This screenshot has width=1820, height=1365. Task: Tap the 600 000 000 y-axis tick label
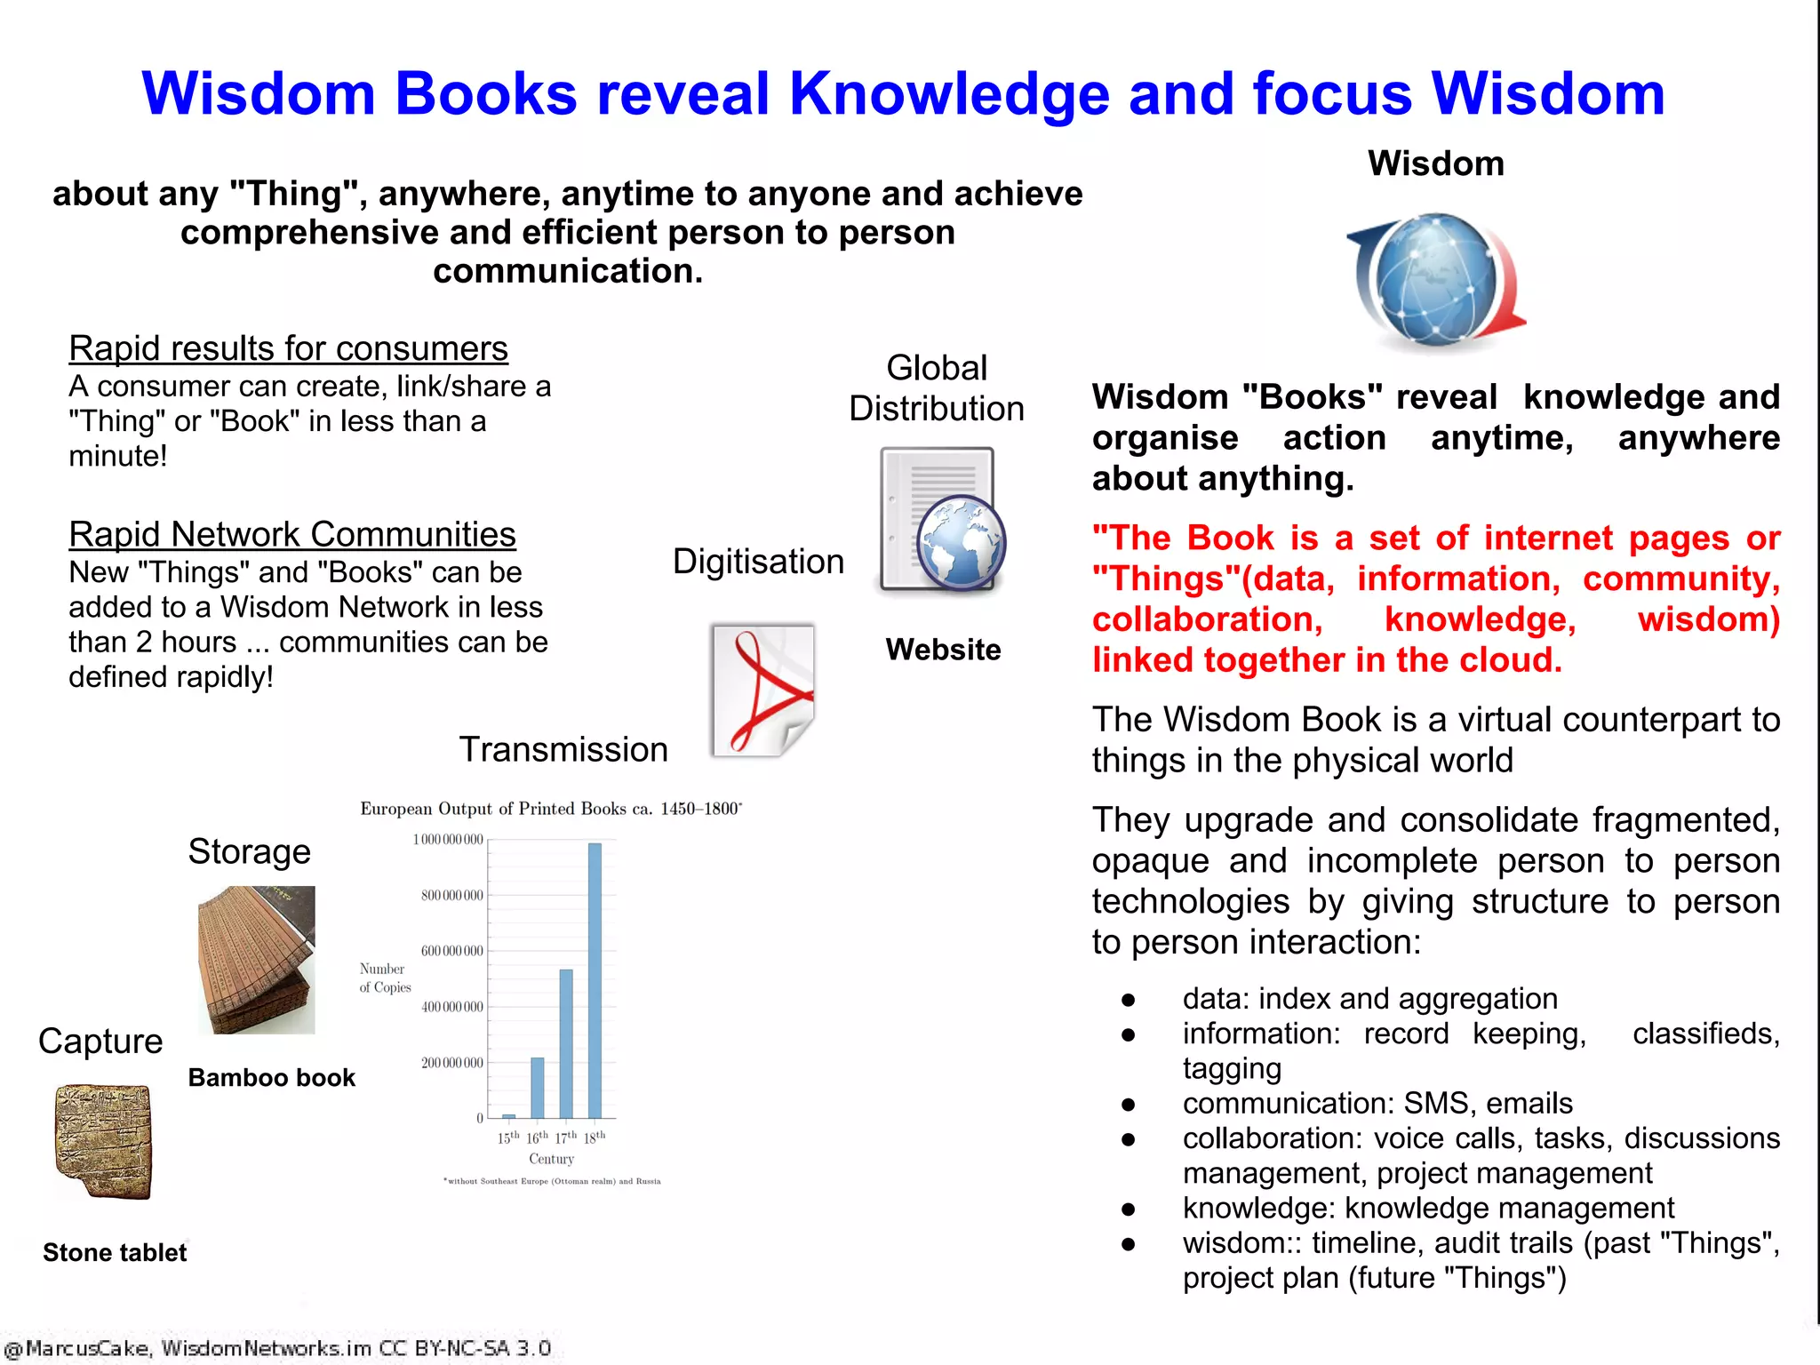(x=452, y=951)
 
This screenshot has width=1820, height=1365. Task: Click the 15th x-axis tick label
(x=508, y=1137)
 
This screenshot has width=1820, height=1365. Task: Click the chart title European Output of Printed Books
(x=550, y=809)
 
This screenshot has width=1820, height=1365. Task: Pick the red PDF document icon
(x=763, y=690)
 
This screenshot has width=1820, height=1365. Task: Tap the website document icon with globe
(x=941, y=521)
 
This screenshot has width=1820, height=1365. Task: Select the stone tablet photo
(x=103, y=1141)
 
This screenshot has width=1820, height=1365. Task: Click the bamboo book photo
(x=256, y=960)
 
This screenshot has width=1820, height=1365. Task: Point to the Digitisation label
(x=758, y=562)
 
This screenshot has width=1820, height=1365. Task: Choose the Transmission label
(x=563, y=749)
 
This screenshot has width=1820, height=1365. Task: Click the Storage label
(x=249, y=851)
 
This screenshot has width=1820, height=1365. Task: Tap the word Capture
(x=100, y=1041)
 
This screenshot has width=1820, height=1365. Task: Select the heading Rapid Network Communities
(x=292, y=534)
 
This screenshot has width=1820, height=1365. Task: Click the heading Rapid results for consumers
(x=288, y=348)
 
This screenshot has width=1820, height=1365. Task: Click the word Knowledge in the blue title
(x=948, y=94)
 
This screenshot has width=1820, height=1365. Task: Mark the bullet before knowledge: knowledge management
(x=1129, y=1209)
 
